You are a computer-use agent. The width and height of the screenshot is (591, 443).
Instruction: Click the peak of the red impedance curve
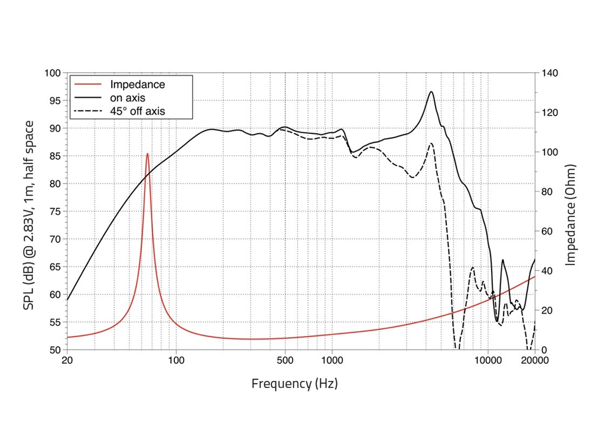coord(147,154)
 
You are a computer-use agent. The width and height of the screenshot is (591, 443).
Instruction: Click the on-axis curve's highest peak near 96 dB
coord(431,92)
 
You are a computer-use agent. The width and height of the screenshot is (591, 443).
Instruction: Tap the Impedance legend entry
coord(137,85)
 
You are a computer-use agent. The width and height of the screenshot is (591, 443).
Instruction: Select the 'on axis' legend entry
coord(128,98)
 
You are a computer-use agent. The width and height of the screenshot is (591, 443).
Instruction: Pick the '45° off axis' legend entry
coord(138,111)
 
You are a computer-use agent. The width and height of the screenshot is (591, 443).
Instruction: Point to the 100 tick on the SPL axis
coord(53,73)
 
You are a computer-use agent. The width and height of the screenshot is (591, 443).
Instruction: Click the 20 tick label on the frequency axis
coord(67,360)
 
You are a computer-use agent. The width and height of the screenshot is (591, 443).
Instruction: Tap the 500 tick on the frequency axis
coord(285,360)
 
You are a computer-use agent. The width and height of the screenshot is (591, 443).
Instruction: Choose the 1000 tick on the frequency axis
coord(332,360)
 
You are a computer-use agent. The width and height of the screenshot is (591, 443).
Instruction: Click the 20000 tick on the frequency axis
coord(535,360)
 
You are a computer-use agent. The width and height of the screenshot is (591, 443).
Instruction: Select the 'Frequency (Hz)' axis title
coord(295,383)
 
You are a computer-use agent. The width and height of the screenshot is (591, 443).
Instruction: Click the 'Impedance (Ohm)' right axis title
coord(571,211)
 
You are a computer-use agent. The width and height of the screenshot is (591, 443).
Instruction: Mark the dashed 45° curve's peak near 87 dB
coord(431,144)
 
